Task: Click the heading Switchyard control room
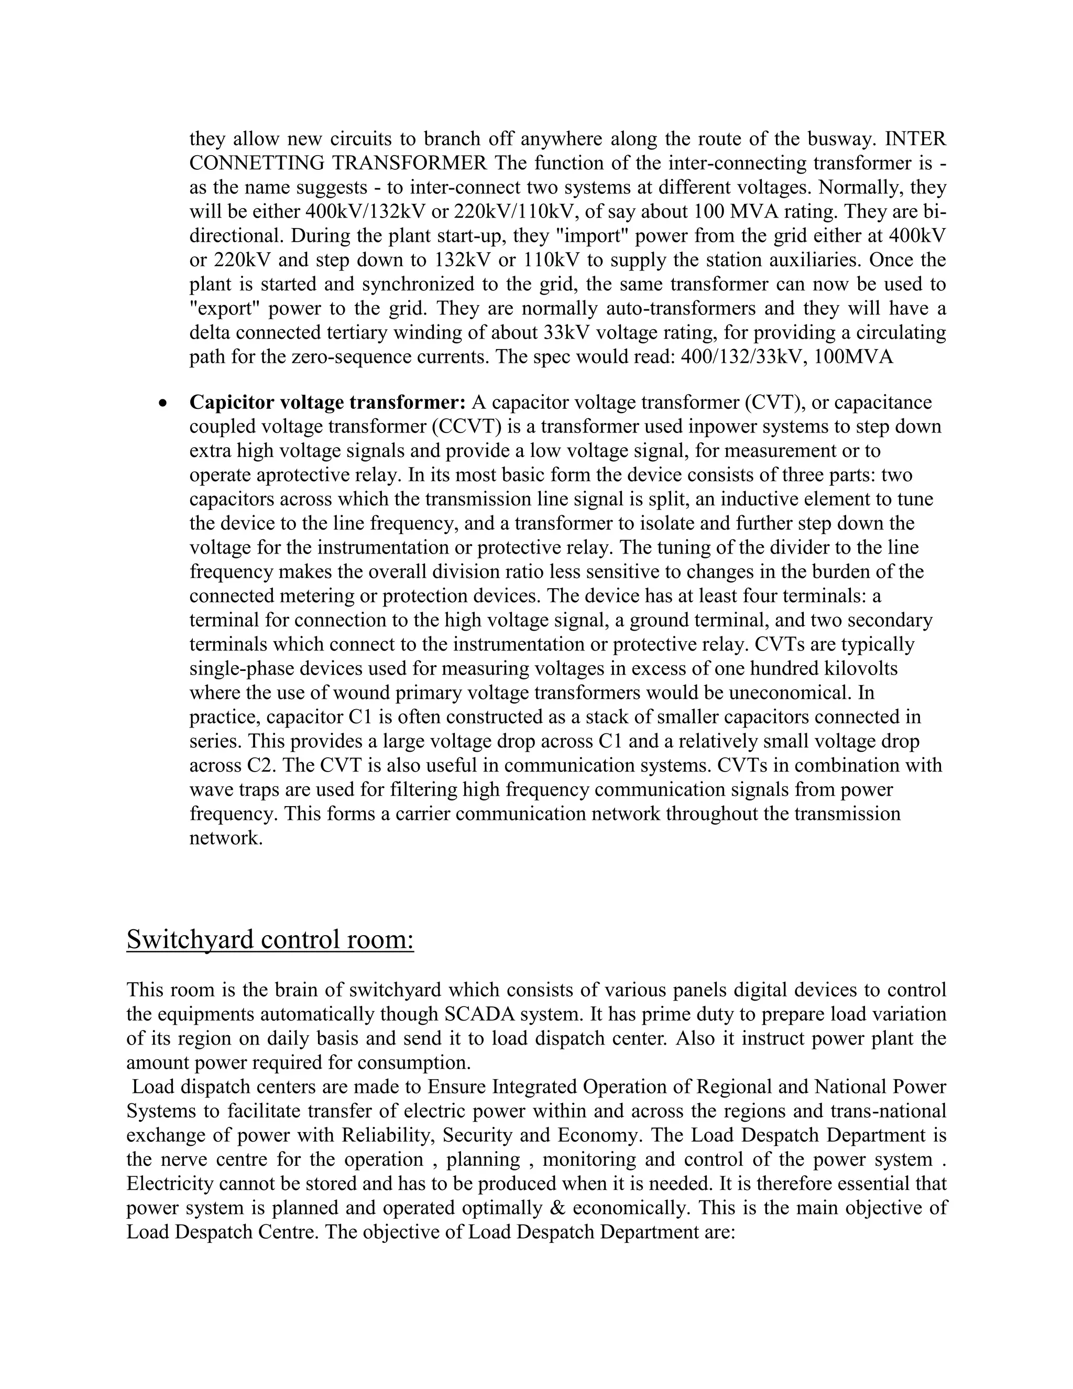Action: (x=270, y=939)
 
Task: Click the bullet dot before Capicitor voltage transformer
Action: (x=164, y=404)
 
